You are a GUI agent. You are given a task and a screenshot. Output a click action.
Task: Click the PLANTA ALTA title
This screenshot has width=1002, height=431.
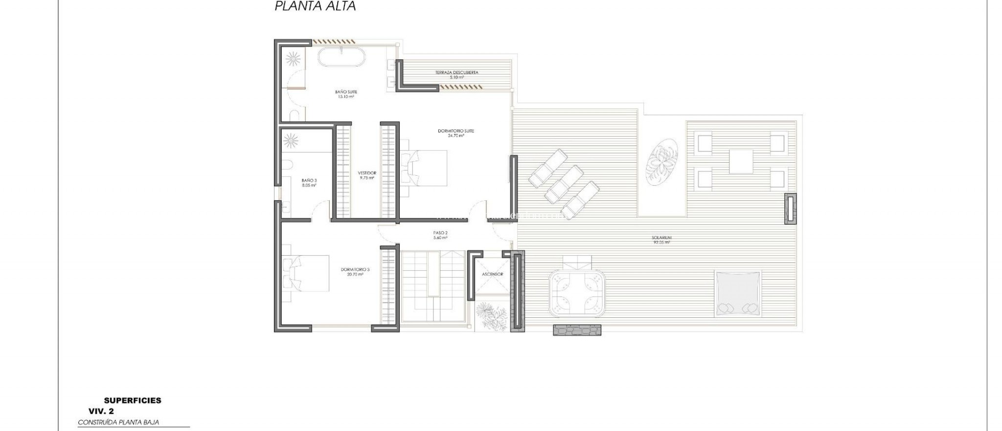pyautogui.click(x=315, y=6)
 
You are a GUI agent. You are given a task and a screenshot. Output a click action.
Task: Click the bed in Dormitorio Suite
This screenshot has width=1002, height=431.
pyautogui.click(x=424, y=168)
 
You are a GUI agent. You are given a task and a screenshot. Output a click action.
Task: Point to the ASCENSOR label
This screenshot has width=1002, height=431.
pyautogui.click(x=492, y=274)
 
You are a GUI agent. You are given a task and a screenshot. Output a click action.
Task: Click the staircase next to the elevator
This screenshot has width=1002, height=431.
pyautogui.click(x=433, y=286)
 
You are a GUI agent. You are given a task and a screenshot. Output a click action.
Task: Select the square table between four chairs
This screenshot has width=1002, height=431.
pyautogui.click(x=741, y=162)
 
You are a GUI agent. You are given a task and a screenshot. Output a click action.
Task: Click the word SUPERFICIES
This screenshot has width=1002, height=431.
pyautogui.click(x=133, y=401)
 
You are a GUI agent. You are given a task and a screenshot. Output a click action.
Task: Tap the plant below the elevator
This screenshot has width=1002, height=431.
pyautogui.click(x=491, y=316)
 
